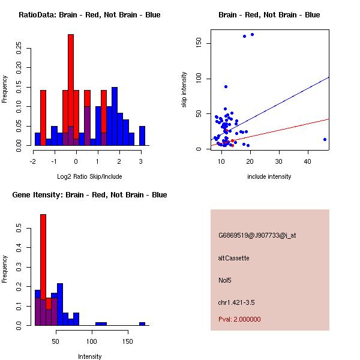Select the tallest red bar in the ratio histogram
(71, 90)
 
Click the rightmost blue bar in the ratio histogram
(142, 136)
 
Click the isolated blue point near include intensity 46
(325, 139)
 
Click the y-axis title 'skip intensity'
(184, 90)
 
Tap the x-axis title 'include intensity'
(269, 176)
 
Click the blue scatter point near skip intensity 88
(226, 86)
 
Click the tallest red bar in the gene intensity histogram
(43, 269)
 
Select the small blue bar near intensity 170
(142, 323)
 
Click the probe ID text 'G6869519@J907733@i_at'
(257, 235)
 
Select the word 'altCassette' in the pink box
(233, 258)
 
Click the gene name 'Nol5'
(224, 280)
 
